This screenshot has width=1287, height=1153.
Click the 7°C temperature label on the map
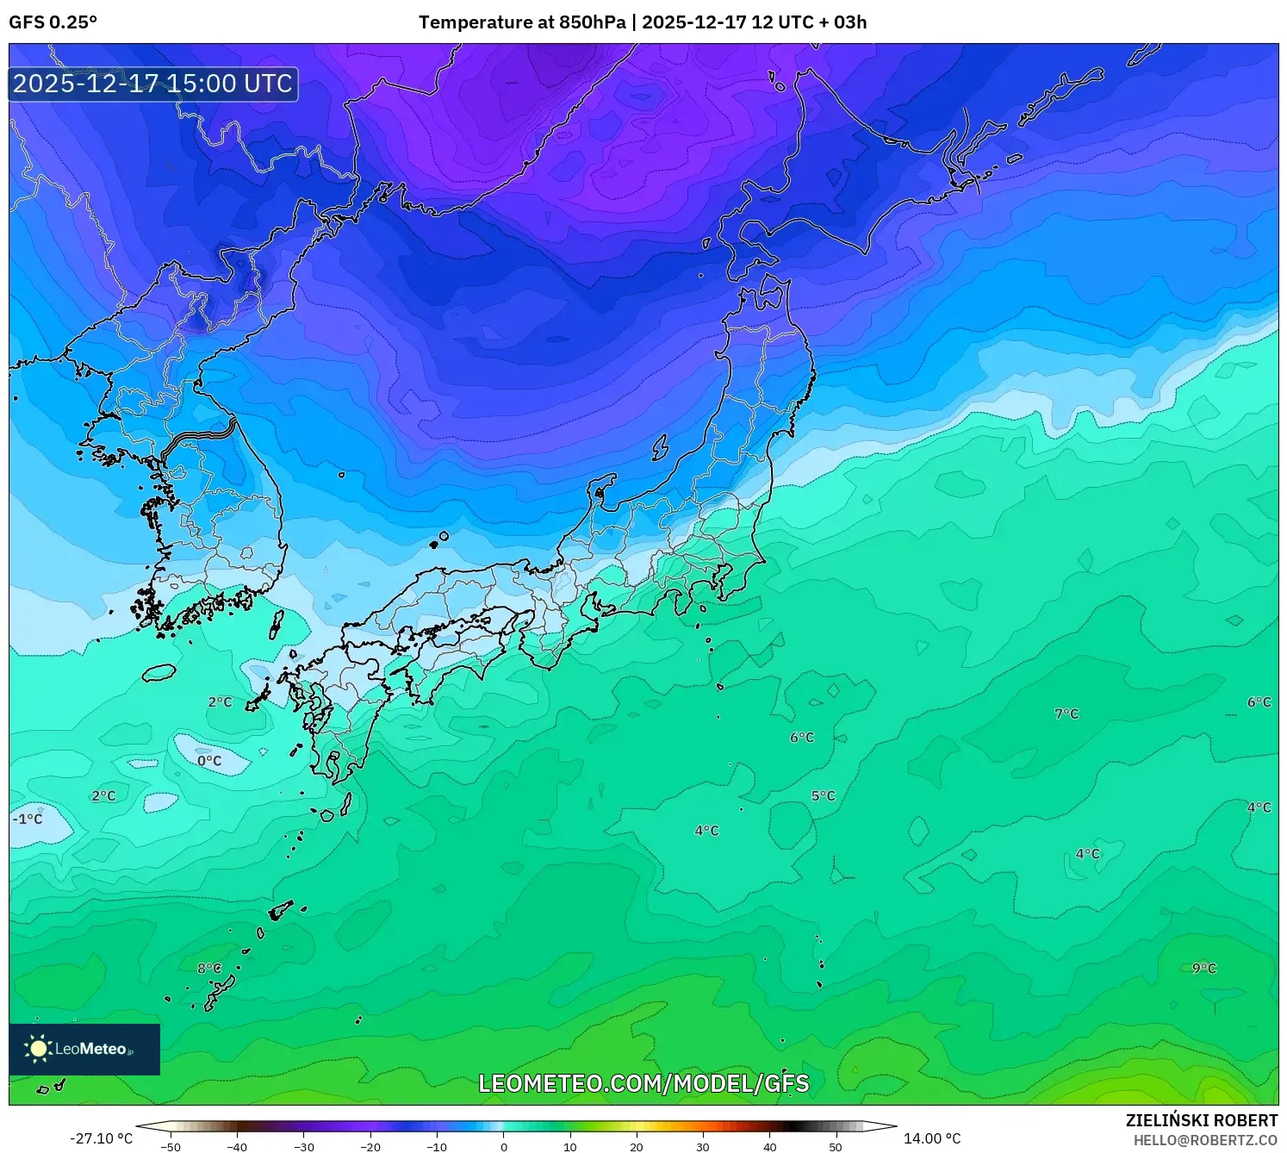[x=1066, y=714]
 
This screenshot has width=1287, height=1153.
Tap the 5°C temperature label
[x=823, y=795]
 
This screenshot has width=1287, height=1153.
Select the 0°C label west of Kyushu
[x=209, y=761]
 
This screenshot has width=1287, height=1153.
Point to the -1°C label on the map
[x=28, y=819]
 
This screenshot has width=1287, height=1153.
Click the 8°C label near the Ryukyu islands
[x=209, y=968]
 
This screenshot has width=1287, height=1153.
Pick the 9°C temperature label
[x=1203, y=968]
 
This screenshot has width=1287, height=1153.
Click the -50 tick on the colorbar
[x=171, y=1147]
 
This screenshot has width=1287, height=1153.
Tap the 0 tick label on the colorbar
[x=504, y=1147]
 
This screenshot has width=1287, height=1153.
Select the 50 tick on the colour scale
[x=836, y=1147]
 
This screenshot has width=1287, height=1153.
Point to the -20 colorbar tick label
[x=370, y=1147]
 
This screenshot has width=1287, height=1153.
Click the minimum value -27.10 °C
[x=102, y=1138]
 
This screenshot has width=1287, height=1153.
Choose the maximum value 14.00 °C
[x=932, y=1138]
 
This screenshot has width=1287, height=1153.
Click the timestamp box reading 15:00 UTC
[x=153, y=84]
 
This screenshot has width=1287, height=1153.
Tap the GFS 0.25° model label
[x=53, y=22]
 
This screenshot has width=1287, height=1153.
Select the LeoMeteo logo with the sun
[x=84, y=1049]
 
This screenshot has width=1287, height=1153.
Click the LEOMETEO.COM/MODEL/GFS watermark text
[x=643, y=1083]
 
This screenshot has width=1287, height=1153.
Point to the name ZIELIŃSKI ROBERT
[x=1202, y=1120]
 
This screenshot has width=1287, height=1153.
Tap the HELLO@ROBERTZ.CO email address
[x=1205, y=1140]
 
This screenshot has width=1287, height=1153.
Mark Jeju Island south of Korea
[x=159, y=672]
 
